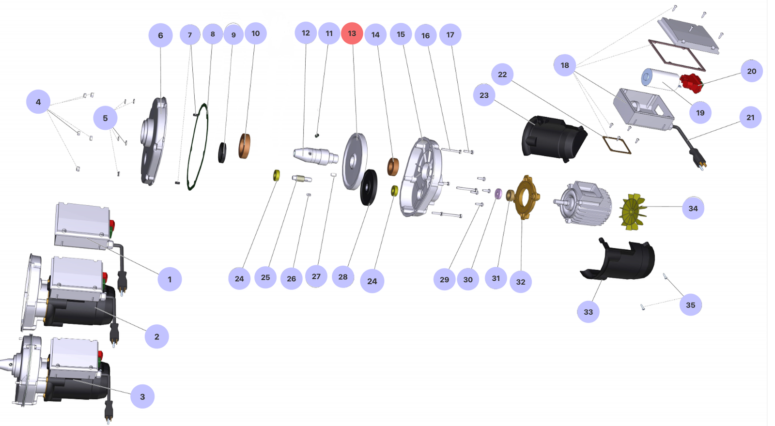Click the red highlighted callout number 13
pyautogui.click(x=352, y=33)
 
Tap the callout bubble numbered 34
pyautogui.click(x=693, y=208)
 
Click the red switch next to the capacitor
pyautogui.click(x=691, y=83)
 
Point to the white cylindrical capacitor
pyautogui.click(x=661, y=78)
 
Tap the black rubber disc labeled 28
pyautogui.click(x=369, y=187)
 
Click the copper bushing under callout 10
pyautogui.click(x=245, y=146)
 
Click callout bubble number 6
pyautogui.click(x=160, y=35)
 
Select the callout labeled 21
pyautogui.click(x=750, y=117)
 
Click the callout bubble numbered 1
pyautogui.click(x=170, y=279)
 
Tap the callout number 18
pyautogui.click(x=565, y=65)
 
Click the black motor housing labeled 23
pyautogui.click(x=552, y=138)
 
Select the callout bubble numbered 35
pyautogui.click(x=690, y=305)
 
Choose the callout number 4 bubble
pyautogui.click(x=38, y=102)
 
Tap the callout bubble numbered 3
pyautogui.click(x=142, y=396)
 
